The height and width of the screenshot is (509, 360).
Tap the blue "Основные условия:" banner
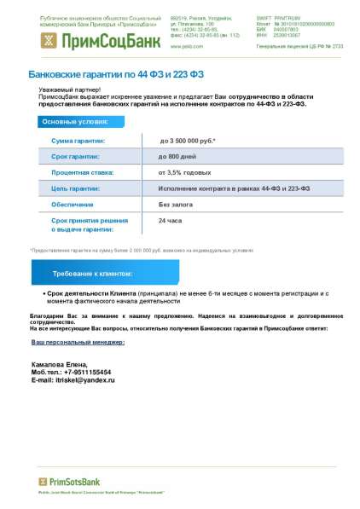[72, 122]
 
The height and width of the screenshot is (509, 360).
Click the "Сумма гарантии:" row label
[78, 140]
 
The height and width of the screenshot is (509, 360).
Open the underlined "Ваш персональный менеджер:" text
[78, 342]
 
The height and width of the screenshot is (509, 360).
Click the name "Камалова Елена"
[60, 364]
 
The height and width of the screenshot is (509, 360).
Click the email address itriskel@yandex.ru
[84, 379]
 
